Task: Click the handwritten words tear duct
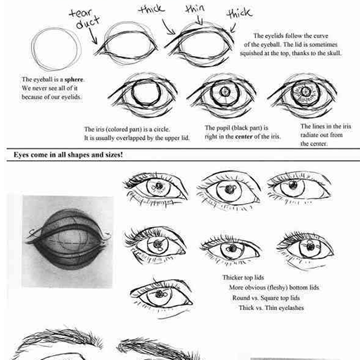[85, 19]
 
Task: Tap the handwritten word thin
[195, 9]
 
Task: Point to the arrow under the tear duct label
[92, 36]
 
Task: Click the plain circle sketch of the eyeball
[56, 49]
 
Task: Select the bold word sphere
[74, 79]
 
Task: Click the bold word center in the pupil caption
[244, 136]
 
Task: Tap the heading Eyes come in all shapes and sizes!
[68, 155]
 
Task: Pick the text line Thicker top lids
[243, 278]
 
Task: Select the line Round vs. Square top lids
[266, 298]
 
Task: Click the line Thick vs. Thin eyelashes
[271, 308]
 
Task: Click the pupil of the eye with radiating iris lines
[305, 91]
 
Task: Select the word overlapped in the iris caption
[131, 139]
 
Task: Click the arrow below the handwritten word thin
[200, 20]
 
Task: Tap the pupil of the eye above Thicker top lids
[232, 248]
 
